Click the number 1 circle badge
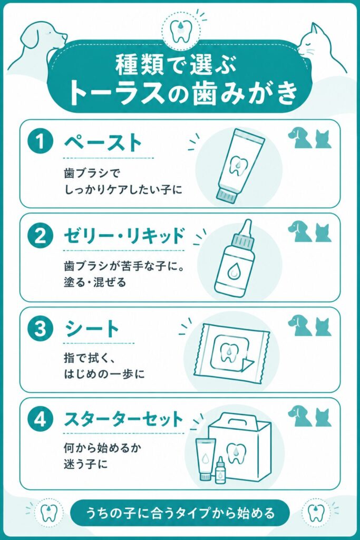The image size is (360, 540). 40,141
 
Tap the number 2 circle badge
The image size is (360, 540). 40,236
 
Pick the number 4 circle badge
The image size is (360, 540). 40,420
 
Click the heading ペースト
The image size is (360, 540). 103,142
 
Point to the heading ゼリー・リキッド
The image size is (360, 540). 124,236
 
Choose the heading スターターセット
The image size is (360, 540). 123,419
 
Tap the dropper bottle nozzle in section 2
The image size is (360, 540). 246,228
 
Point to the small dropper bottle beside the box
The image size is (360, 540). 220,470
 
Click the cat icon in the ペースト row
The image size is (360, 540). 323,139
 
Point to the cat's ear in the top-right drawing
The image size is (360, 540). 314,30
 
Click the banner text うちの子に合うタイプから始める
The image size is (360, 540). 180,513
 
